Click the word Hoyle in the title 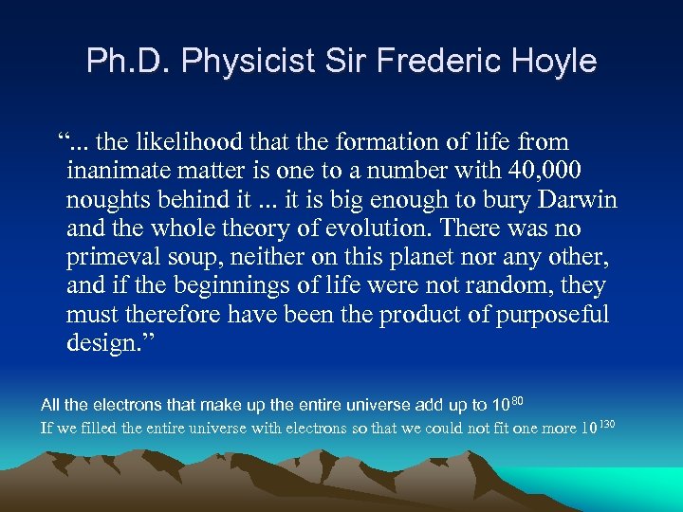[x=555, y=62]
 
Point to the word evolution [x=350, y=229]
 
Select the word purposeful [x=552, y=314]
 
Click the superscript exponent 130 [x=608, y=423]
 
